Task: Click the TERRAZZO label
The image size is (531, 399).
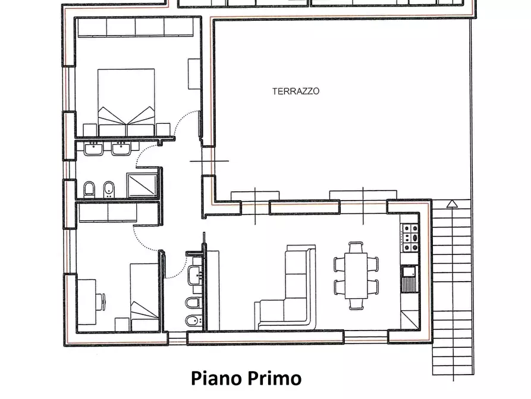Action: [x=296, y=92]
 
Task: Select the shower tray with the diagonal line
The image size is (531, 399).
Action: [x=142, y=184]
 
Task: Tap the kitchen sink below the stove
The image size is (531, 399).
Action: [x=409, y=273]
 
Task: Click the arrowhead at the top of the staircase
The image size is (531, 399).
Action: [x=453, y=203]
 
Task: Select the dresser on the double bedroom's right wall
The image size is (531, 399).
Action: [x=194, y=74]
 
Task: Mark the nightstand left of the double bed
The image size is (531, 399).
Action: [x=90, y=130]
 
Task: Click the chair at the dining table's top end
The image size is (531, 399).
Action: [x=356, y=246]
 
